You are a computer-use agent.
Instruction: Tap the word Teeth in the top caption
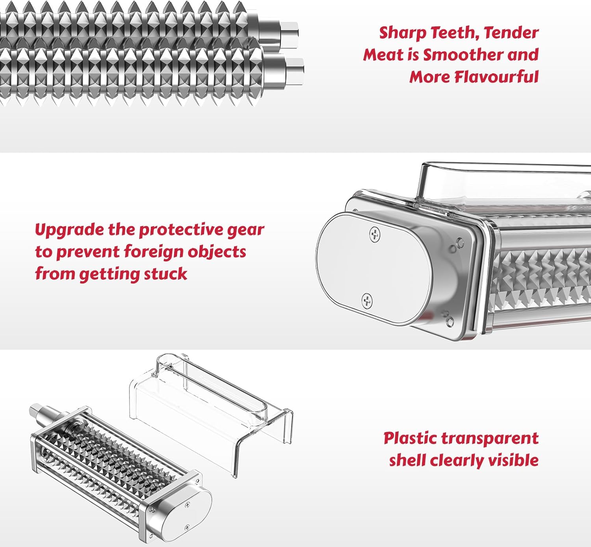tap(455, 33)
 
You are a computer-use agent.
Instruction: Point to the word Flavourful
tap(497, 77)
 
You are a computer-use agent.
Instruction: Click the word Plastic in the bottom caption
tap(409, 439)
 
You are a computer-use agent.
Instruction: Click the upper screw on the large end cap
tap(375, 234)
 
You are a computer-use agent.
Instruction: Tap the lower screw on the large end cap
tap(367, 301)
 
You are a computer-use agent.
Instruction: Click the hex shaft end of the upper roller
tap(289, 35)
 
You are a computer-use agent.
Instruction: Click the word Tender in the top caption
tap(511, 33)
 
